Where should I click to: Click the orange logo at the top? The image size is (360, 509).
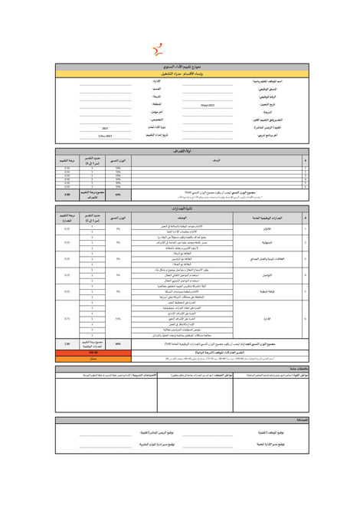click(x=159, y=51)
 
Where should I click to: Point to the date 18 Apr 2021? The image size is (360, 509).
click(x=208, y=104)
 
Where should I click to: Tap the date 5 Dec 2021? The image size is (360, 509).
click(x=105, y=136)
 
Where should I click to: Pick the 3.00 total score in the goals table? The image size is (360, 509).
click(x=67, y=195)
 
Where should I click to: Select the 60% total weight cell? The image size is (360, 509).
click(x=118, y=195)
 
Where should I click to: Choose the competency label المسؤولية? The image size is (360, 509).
click(x=281, y=243)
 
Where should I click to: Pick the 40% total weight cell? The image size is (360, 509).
click(x=118, y=344)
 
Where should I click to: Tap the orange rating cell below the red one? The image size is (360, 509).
click(x=93, y=358)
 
